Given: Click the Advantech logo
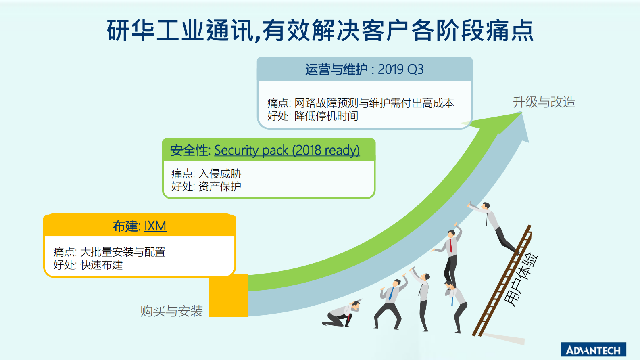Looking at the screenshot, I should [x=593, y=350].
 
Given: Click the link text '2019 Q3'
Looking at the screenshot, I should [x=400, y=69].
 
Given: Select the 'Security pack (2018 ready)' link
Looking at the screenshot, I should [x=287, y=150].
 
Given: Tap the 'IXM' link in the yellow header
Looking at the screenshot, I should [x=155, y=226].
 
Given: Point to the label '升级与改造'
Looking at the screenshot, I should [x=544, y=102].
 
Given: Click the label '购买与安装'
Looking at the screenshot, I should [x=171, y=311].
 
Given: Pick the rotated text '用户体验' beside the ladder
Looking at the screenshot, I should [x=521, y=279].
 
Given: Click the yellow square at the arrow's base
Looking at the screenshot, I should [x=229, y=295].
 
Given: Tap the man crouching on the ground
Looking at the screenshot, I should [x=342, y=314].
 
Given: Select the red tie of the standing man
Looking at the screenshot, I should [x=451, y=245].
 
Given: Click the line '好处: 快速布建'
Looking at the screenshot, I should [x=88, y=265].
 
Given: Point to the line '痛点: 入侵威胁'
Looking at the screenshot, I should [x=206, y=174].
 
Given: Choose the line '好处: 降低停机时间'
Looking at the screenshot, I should [x=313, y=116].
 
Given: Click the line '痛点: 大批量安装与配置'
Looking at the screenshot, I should [x=109, y=252].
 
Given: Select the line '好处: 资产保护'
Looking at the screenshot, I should [x=206, y=186].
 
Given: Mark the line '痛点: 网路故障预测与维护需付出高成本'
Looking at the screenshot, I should [x=361, y=103].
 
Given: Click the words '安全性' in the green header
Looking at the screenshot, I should [x=189, y=150].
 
